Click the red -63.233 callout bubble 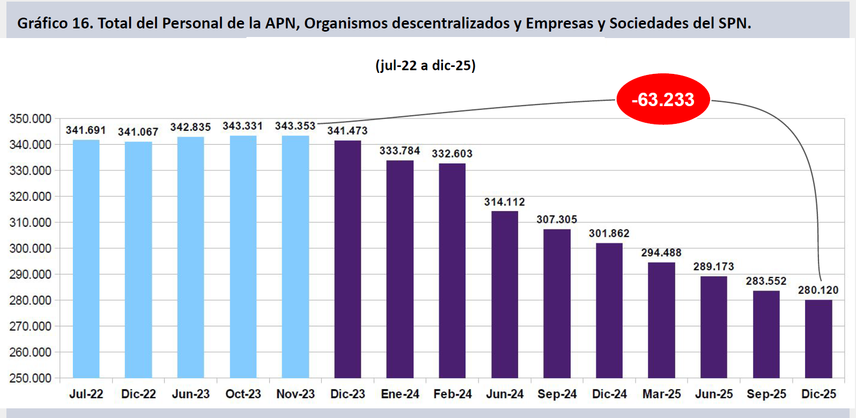[663, 100]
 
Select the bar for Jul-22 [86, 259]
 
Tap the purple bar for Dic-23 [348, 259]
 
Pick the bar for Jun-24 [505, 295]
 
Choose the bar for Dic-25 [818, 339]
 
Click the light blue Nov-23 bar [296, 257]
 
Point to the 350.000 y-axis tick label [31, 118]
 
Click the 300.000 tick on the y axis [31, 248]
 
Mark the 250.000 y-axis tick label [31, 378]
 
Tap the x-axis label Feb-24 [452, 394]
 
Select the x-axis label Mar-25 [661, 394]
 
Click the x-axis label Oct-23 [243, 394]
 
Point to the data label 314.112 [504, 202]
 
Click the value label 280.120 [818, 290]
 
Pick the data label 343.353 [295, 126]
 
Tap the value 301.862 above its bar [609, 233]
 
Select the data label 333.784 [400, 151]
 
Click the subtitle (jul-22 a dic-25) [425, 65]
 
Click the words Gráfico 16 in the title [54, 23]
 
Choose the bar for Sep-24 [557, 303]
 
